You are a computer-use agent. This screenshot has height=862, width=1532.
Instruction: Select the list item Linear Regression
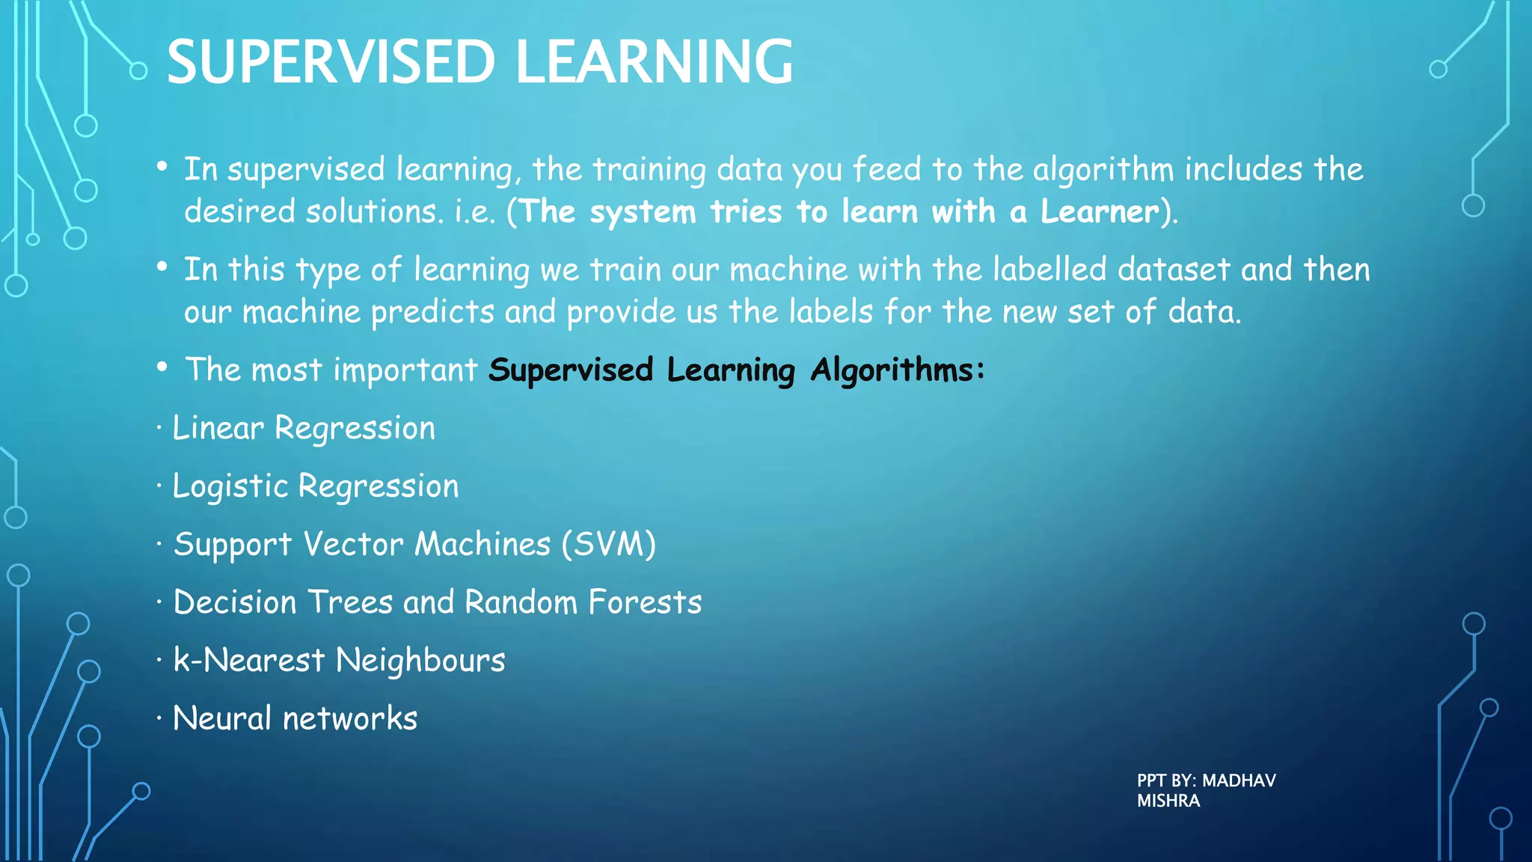303,429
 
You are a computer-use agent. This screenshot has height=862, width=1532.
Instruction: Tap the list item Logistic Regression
315,487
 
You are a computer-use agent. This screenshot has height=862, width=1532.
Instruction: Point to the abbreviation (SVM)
608,544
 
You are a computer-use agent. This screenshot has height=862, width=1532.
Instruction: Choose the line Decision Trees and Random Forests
437,602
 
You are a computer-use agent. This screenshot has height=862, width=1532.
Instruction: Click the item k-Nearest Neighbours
339,661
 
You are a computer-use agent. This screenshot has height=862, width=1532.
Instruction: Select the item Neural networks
295,718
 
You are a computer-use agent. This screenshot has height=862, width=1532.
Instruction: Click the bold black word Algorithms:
898,370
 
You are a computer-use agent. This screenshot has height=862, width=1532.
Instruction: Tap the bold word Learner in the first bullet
1100,212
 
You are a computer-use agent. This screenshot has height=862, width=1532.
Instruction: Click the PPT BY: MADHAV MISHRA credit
1206,790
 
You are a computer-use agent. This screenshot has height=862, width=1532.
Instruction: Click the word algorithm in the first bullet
1103,171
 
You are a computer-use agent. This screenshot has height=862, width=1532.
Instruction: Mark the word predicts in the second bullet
432,312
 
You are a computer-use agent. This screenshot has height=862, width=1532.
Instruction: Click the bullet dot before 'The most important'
162,367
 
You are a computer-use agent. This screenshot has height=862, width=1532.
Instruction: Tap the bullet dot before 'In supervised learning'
162,167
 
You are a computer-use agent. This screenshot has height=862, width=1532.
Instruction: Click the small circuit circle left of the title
138,71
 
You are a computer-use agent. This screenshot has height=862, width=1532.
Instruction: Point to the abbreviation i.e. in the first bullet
475,212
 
